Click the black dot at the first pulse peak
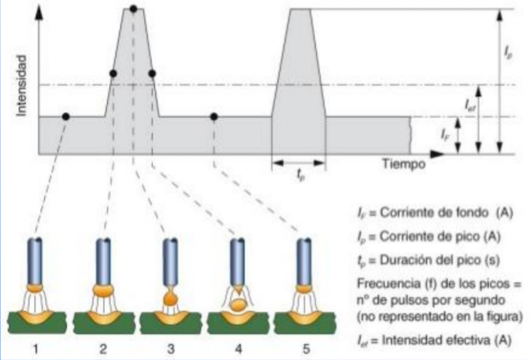[x=134, y=9]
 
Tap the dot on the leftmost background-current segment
[x=65, y=117]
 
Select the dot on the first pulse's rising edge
[x=113, y=74]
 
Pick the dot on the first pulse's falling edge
[x=152, y=74]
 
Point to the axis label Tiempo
[x=404, y=165]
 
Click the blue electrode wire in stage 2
[x=104, y=259]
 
